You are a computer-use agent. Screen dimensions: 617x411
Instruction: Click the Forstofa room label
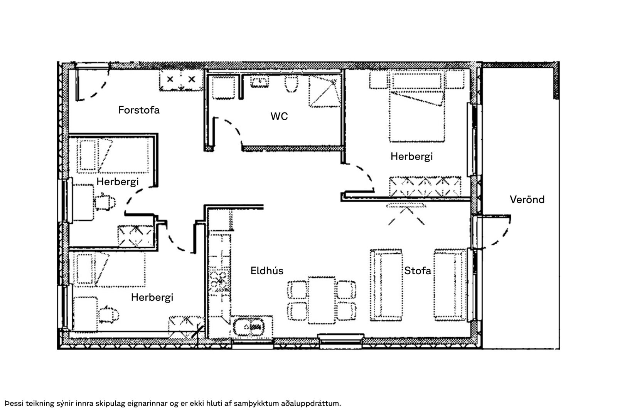pyautogui.click(x=139, y=110)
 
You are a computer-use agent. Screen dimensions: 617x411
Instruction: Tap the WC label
pyautogui.click(x=279, y=116)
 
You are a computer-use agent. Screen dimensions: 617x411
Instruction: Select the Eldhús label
pyautogui.click(x=266, y=271)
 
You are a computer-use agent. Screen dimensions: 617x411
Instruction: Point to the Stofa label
pyautogui.click(x=417, y=271)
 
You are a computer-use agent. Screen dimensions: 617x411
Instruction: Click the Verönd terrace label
pyautogui.click(x=527, y=200)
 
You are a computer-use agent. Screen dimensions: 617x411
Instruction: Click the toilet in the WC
pyautogui.click(x=291, y=84)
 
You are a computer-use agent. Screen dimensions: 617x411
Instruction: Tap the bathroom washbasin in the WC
pyautogui.click(x=260, y=82)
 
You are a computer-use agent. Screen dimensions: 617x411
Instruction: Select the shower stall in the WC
pyautogui.click(x=325, y=91)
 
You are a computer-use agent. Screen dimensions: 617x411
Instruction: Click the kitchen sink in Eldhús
pyautogui.click(x=249, y=327)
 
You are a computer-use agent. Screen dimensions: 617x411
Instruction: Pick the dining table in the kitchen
pyautogui.click(x=322, y=300)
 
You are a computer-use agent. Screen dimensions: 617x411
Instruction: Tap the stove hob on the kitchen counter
pyautogui.click(x=219, y=281)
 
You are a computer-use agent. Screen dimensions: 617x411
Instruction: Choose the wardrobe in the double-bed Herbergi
pyautogui.click(x=425, y=187)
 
